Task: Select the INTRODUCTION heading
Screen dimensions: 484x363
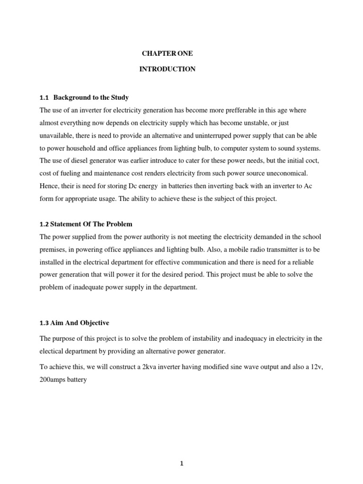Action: [167, 69]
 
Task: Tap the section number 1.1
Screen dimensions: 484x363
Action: [44, 98]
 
